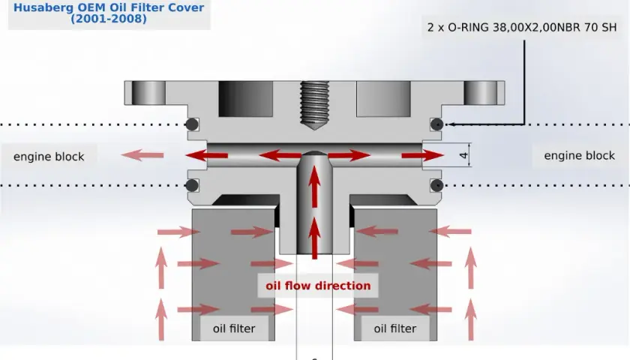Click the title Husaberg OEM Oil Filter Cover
[x=109, y=7]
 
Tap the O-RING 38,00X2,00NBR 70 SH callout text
[x=521, y=27]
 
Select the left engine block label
[x=49, y=156]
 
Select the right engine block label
[x=579, y=155]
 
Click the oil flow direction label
[x=318, y=286]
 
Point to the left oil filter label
[x=234, y=328]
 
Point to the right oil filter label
[x=395, y=328]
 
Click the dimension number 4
[x=463, y=155]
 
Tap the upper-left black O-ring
[x=192, y=124]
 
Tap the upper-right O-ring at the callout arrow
[x=436, y=124]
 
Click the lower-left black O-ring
[x=192, y=185]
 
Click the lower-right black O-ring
[x=436, y=185]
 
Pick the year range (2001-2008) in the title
[x=109, y=19]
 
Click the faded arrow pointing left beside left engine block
[x=142, y=155]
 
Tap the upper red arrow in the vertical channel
[x=314, y=187]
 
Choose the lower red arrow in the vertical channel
[x=314, y=238]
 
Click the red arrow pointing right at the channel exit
[x=423, y=155]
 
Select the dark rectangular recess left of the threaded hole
[x=246, y=99]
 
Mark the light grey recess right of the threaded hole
[x=384, y=99]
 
